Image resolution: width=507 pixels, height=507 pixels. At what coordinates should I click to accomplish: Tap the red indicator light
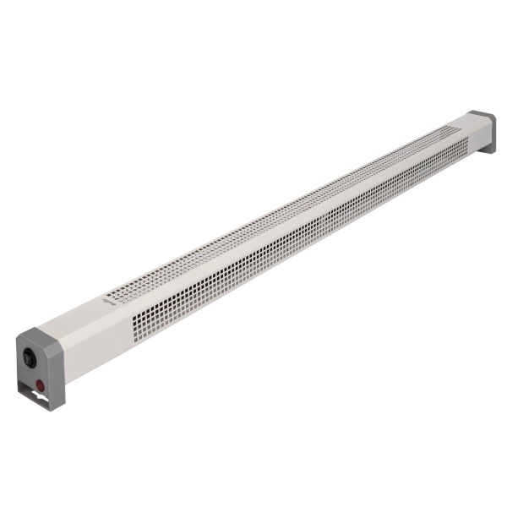tap(39, 384)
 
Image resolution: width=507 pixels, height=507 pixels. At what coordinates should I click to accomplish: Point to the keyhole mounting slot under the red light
tap(39, 394)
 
